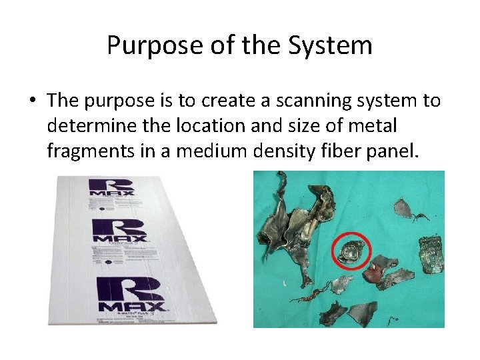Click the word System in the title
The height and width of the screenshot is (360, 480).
click(x=331, y=46)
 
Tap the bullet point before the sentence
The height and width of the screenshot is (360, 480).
click(x=32, y=101)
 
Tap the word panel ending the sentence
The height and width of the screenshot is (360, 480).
click(x=395, y=151)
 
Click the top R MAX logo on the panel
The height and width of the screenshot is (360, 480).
click(x=111, y=186)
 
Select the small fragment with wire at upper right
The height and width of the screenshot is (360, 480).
click(x=405, y=209)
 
